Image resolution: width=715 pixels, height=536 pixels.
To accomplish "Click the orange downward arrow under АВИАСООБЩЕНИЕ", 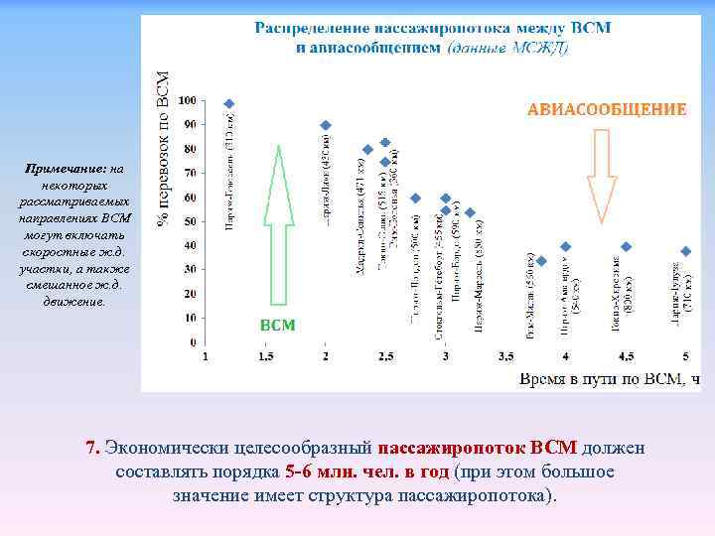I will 602,174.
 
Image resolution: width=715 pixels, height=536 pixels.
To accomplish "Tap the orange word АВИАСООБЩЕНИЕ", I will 606,109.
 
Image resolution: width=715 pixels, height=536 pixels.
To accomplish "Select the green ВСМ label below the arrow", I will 277,325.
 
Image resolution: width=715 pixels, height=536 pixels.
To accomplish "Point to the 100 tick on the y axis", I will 186,101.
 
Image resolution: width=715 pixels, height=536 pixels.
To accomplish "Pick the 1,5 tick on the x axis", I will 266,355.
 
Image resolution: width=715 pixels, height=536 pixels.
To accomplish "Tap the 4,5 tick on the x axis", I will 627,355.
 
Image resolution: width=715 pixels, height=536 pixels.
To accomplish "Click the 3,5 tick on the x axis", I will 506,355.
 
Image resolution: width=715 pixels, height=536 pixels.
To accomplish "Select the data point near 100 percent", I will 229,103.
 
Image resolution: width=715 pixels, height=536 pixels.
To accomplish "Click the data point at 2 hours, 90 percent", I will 326,125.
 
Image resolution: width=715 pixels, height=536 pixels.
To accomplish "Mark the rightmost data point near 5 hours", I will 685,251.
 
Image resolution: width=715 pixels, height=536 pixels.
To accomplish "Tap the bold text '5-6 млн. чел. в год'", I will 365,471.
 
